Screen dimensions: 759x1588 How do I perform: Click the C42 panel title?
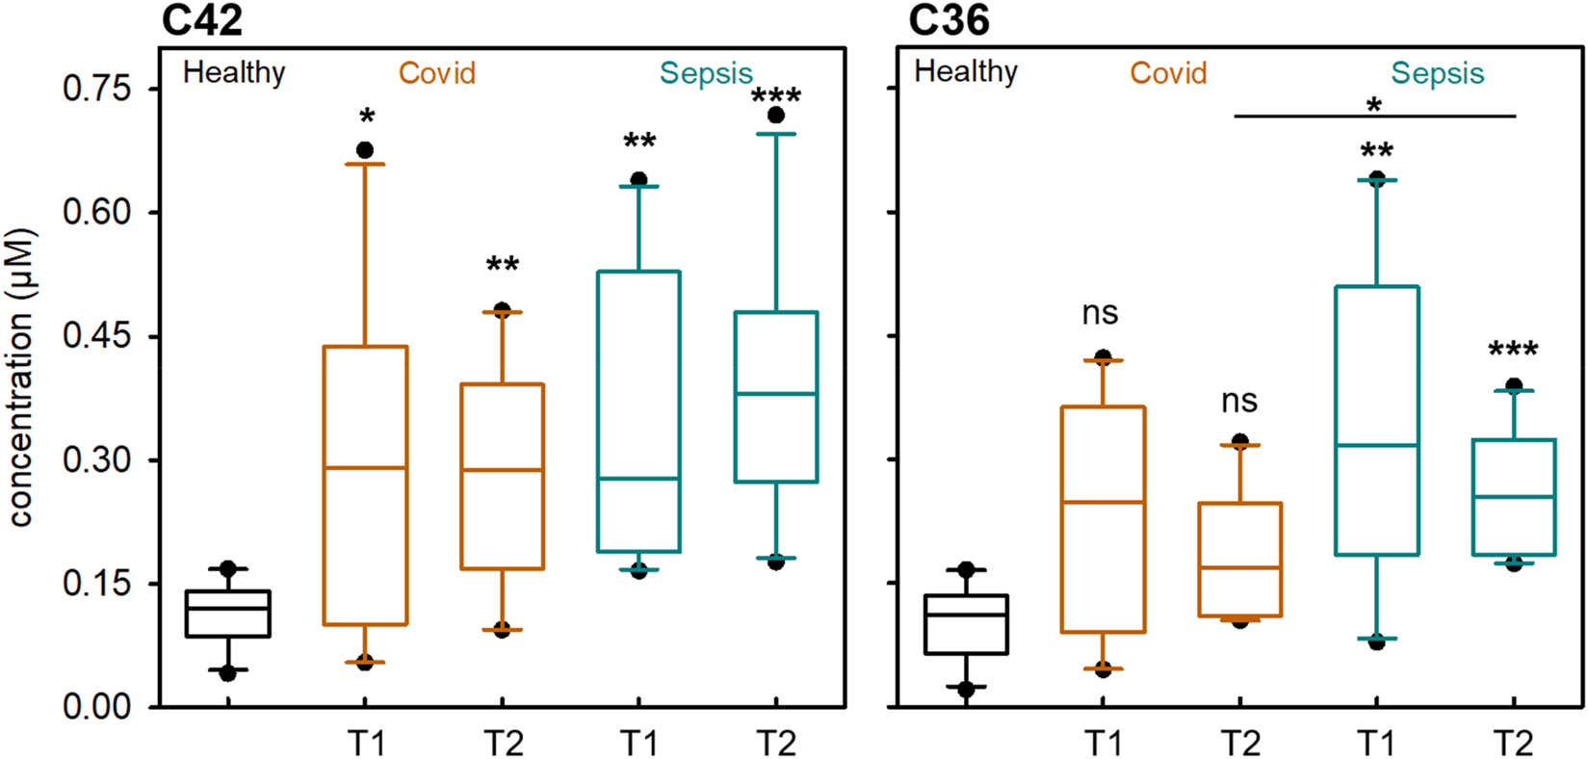click(201, 20)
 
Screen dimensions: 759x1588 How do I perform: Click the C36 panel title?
click(949, 20)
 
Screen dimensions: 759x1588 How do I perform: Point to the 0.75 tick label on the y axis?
click(96, 89)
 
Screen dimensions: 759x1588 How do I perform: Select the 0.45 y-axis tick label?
click(96, 336)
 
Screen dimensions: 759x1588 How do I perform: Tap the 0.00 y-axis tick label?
click(96, 707)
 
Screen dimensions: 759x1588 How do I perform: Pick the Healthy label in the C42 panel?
click(234, 73)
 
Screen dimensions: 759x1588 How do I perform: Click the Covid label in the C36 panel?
click(1168, 73)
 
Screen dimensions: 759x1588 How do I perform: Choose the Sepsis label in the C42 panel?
click(706, 74)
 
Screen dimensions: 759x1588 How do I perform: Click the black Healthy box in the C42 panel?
click(228, 614)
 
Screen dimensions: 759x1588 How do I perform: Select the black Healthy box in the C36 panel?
click(966, 624)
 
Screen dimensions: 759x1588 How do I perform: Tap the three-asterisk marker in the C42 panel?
click(776, 97)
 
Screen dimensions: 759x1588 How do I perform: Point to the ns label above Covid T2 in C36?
click(1239, 401)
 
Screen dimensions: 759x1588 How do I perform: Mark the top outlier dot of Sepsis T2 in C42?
click(776, 116)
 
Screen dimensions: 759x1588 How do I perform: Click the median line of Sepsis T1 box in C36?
click(1377, 445)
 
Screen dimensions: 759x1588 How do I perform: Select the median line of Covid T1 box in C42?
click(365, 468)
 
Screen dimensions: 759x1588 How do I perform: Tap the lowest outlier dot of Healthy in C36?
click(966, 690)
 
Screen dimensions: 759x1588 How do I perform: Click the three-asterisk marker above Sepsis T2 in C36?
click(1513, 351)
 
